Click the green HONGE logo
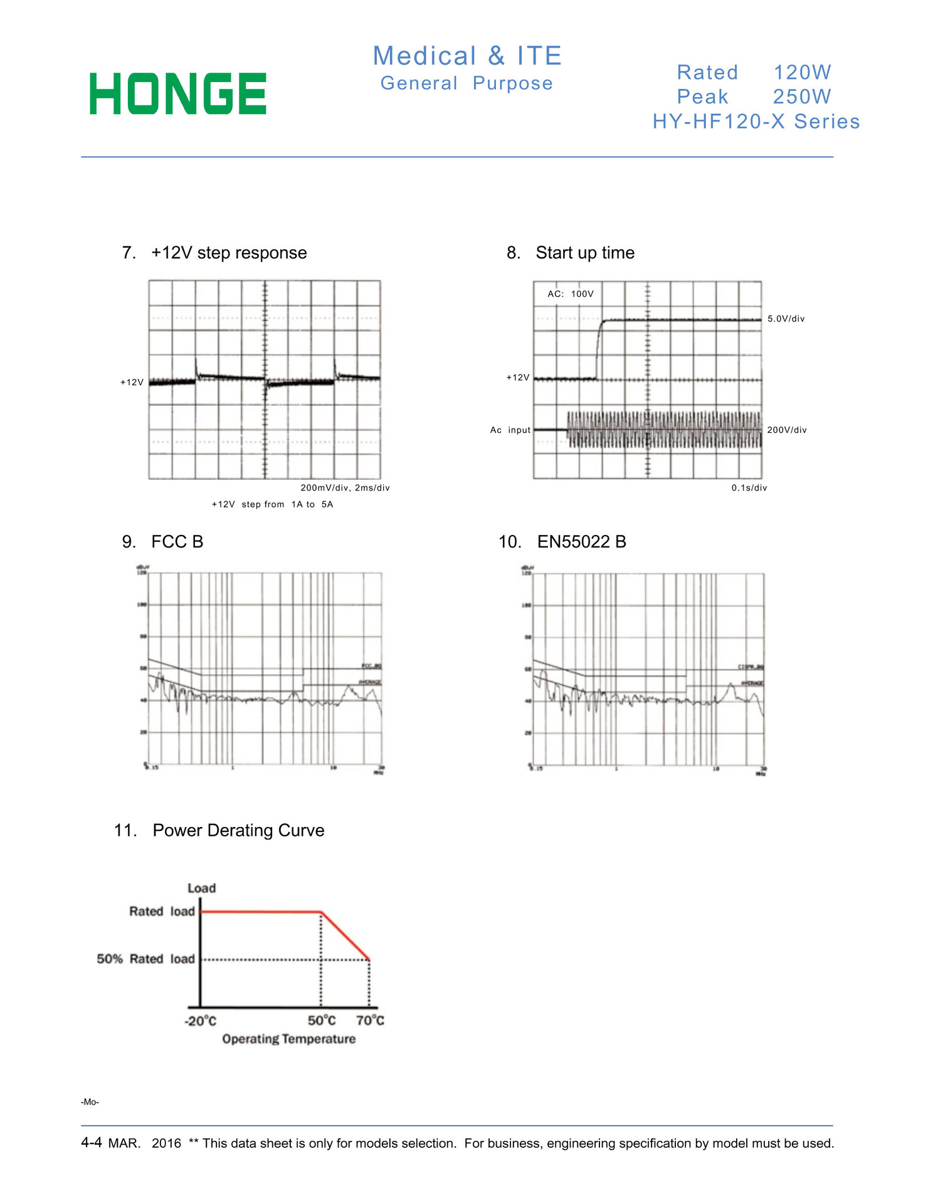[178, 94]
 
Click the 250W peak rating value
[801, 97]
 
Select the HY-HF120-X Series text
[756, 122]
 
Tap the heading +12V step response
[229, 253]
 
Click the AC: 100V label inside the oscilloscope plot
[570, 294]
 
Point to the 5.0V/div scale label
[786, 319]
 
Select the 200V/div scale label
[787, 430]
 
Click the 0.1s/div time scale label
[749, 488]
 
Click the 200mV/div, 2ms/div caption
[345, 488]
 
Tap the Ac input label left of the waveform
[510, 430]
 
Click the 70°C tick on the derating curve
[370, 1021]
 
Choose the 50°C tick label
[322, 1021]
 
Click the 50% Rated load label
[145, 959]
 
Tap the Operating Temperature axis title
[288, 1039]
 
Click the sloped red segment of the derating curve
[345, 936]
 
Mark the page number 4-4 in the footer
[91, 1142]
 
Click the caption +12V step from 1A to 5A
[272, 504]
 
